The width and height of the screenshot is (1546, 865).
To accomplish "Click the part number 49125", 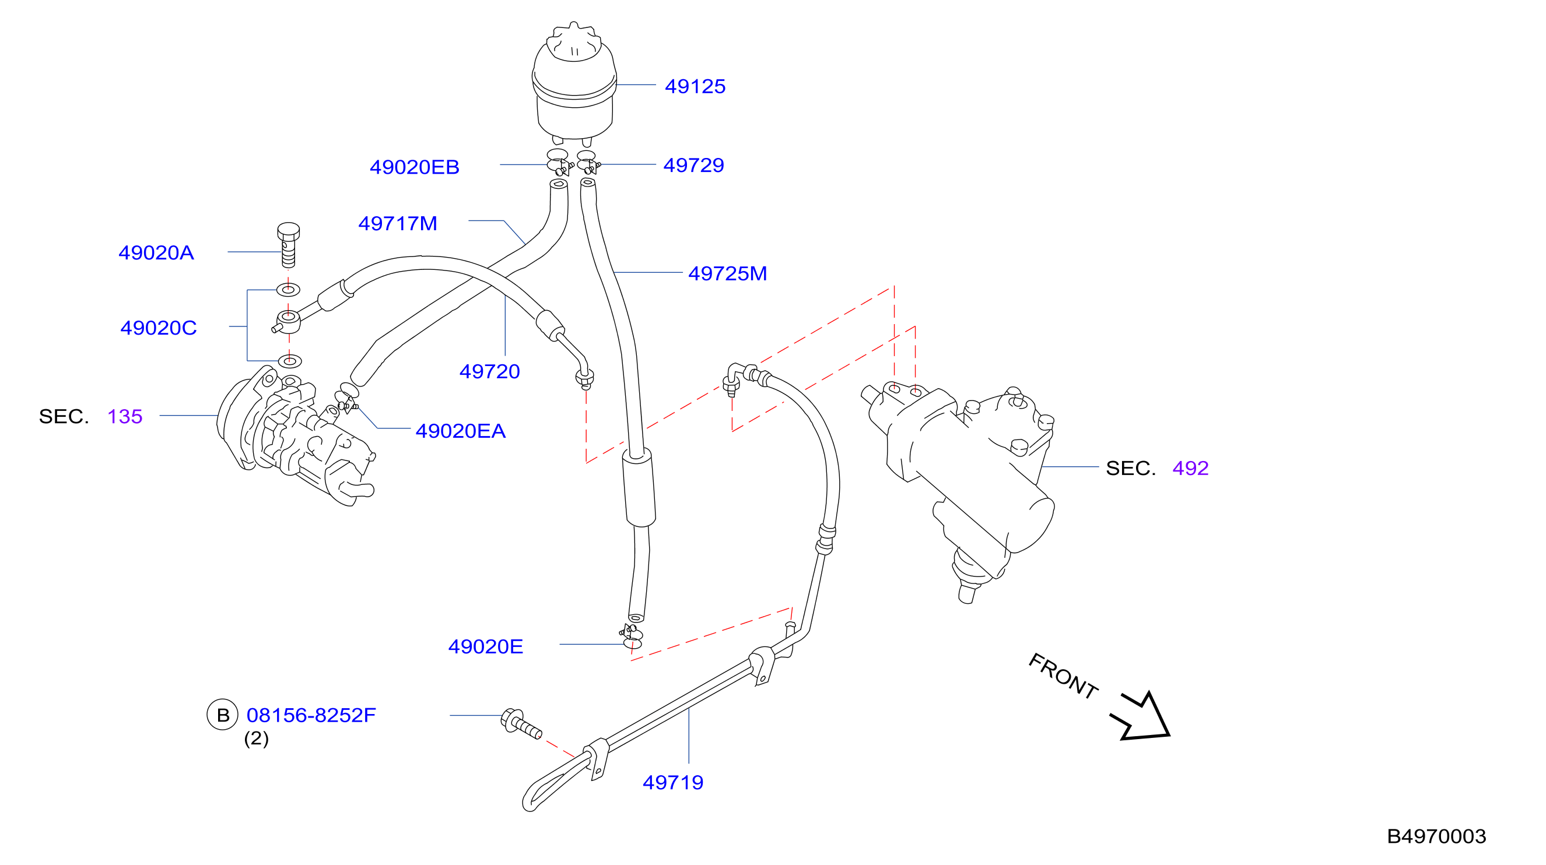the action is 695,86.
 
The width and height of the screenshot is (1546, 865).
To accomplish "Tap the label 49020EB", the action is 415,167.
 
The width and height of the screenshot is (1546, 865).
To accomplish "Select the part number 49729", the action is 694,165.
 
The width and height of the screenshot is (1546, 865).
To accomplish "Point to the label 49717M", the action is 398,223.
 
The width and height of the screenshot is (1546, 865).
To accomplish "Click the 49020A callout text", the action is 156,252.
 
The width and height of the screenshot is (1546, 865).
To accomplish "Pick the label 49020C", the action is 159,328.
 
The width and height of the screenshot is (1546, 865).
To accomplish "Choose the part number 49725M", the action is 727,273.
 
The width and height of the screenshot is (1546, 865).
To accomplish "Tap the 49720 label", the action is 490,371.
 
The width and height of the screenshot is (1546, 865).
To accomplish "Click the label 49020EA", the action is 461,431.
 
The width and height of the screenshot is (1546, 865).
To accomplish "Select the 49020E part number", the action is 486,646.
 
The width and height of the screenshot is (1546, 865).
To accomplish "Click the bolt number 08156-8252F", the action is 311,715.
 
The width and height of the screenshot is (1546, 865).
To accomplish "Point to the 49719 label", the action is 673,782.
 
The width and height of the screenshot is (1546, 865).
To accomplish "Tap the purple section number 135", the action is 125,416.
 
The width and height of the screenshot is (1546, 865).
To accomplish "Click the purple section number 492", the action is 1191,468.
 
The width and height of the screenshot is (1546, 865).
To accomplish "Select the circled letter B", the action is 223,715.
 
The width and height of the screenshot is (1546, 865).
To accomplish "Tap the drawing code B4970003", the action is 1437,836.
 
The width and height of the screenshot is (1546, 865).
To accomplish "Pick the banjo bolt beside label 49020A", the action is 289,245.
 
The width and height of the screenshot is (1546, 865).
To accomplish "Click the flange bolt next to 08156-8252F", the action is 521,723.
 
